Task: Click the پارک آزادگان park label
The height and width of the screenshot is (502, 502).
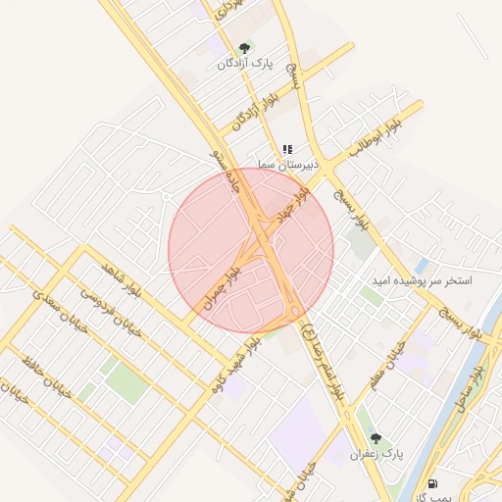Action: click(244, 63)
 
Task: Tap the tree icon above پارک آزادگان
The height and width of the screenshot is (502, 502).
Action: click(244, 47)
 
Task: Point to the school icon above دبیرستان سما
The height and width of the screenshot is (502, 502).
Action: click(287, 150)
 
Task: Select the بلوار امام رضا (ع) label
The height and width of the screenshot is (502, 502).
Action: click(320, 341)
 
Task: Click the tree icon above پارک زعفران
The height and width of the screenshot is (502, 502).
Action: click(376, 437)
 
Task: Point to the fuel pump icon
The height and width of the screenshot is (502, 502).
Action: click(432, 483)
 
